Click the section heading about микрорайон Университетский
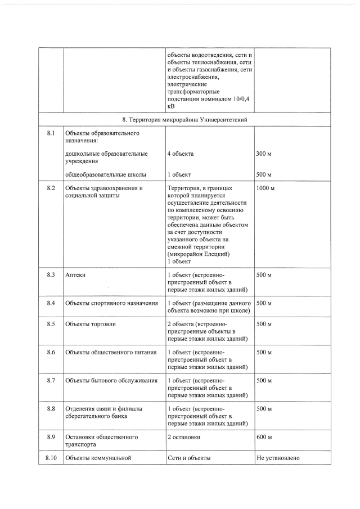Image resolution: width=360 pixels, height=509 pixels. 185,120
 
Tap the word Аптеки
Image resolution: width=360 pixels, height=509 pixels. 75,275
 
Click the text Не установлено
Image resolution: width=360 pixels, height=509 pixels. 277,458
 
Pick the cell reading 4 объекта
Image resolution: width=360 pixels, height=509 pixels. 181,154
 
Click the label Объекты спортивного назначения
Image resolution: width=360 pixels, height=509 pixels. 111,304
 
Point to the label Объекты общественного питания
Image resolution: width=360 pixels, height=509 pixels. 111,353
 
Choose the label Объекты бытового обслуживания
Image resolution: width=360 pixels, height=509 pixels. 111,381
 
